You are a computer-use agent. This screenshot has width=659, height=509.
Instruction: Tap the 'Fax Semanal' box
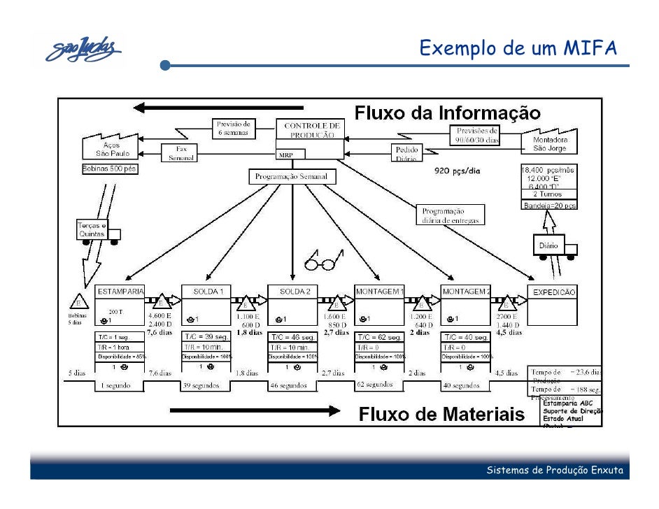181,153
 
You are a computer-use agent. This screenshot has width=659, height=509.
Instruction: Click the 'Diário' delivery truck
553,247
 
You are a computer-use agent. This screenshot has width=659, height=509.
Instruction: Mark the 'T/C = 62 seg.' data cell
378,337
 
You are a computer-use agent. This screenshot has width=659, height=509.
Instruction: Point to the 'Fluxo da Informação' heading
447,113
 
